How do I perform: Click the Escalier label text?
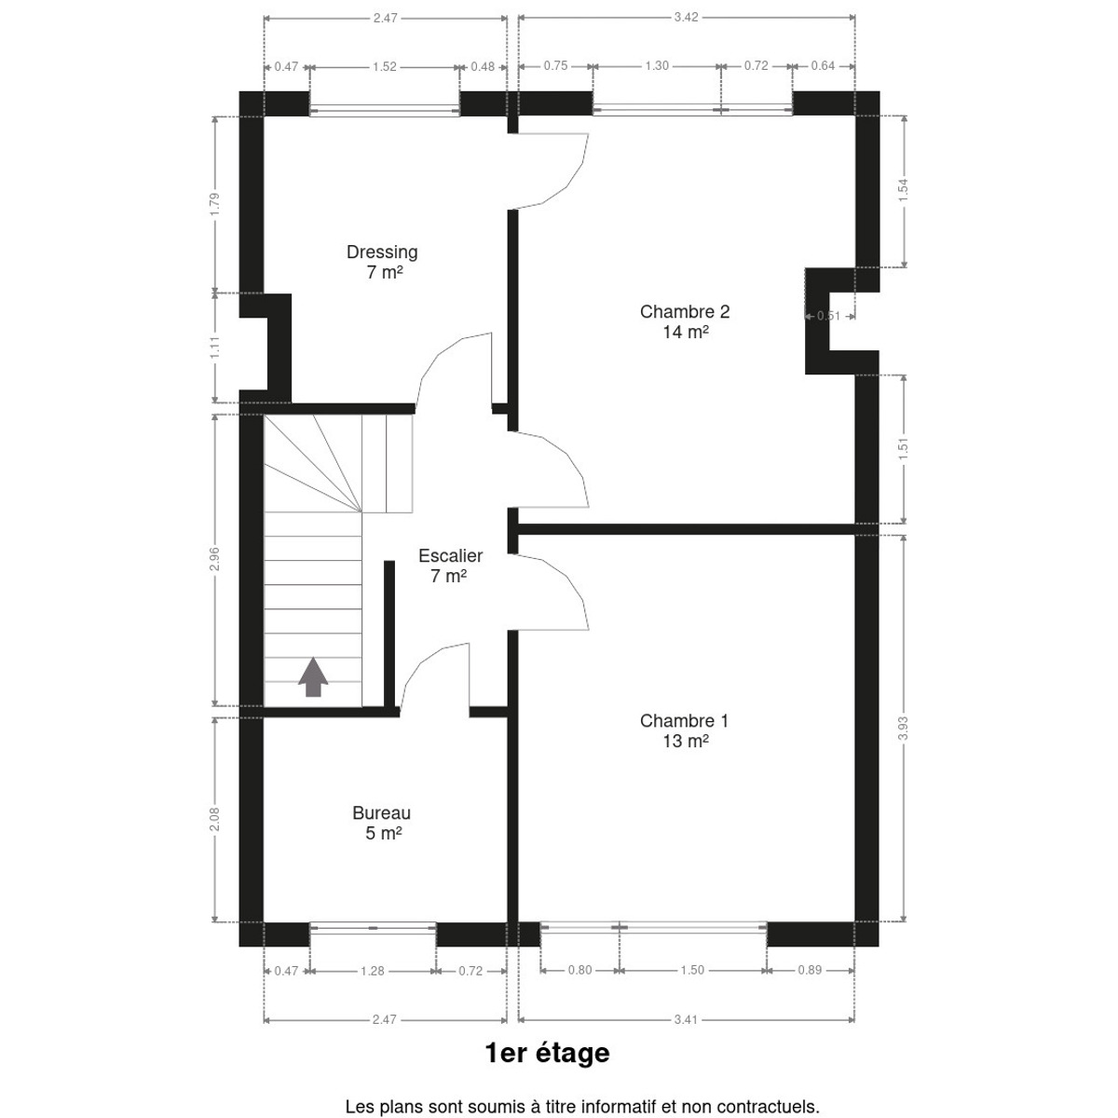pyautogui.click(x=450, y=556)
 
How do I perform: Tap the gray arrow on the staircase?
pyautogui.click(x=313, y=676)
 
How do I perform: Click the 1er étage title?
pyautogui.click(x=547, y=1053)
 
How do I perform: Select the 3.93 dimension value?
pyautogui.click(x=903, y=729)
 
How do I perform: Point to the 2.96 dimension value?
pyautogui.click(x=214, y=559)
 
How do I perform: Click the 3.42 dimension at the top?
pyautogui.click(x=686, y=18)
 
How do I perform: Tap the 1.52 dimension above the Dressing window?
pyautogui.click(x=385, y=67)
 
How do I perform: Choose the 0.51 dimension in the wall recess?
pyautogui.click(x=828, y=316)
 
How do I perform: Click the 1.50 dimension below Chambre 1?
pyautogui.click(x=692, y=970)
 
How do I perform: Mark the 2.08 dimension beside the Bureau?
pyautogui.click(x=214, y=819)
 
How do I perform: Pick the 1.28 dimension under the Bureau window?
pyautogui.click(x=373, y=971)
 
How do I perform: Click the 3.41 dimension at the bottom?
pyautogui.click(x=686, y=1019)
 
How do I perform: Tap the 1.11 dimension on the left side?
pyautogui.click(x=214, y=348)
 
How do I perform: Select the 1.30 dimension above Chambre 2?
pyautogui.click(x=657, y=65)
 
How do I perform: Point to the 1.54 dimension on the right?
pyautogui.click(x=903, y=190)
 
